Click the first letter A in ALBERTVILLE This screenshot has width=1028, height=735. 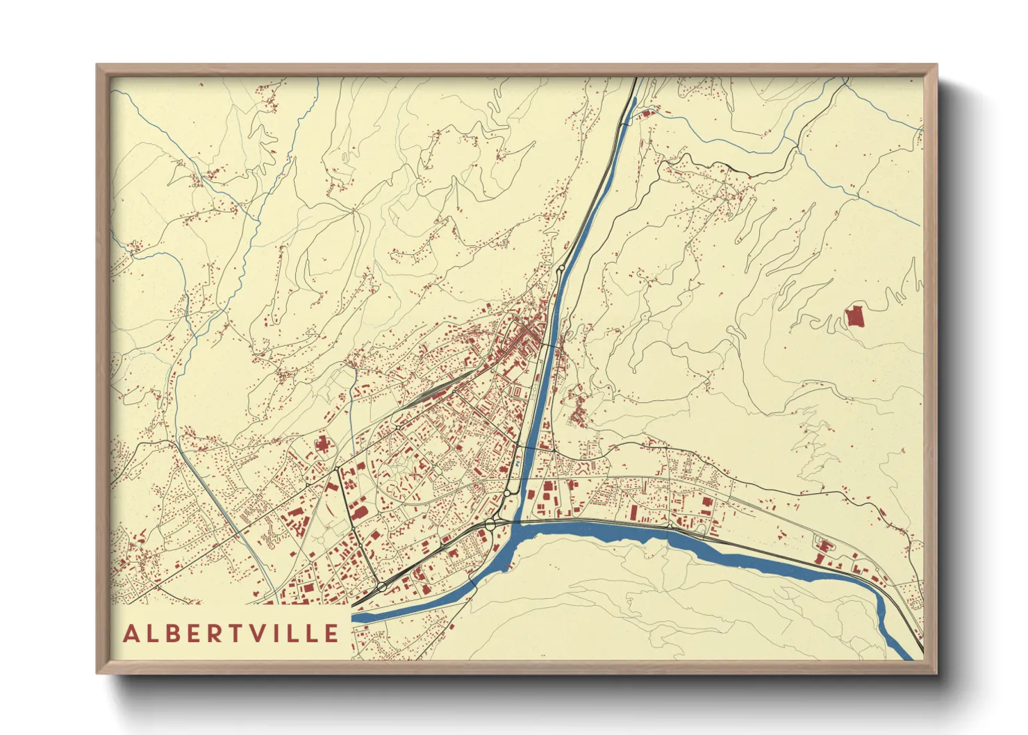coord(131,634)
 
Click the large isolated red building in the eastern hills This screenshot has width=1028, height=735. coord(854,317)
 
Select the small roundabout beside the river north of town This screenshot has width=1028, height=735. coord(561,267)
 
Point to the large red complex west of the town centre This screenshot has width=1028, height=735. coord(322,443)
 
